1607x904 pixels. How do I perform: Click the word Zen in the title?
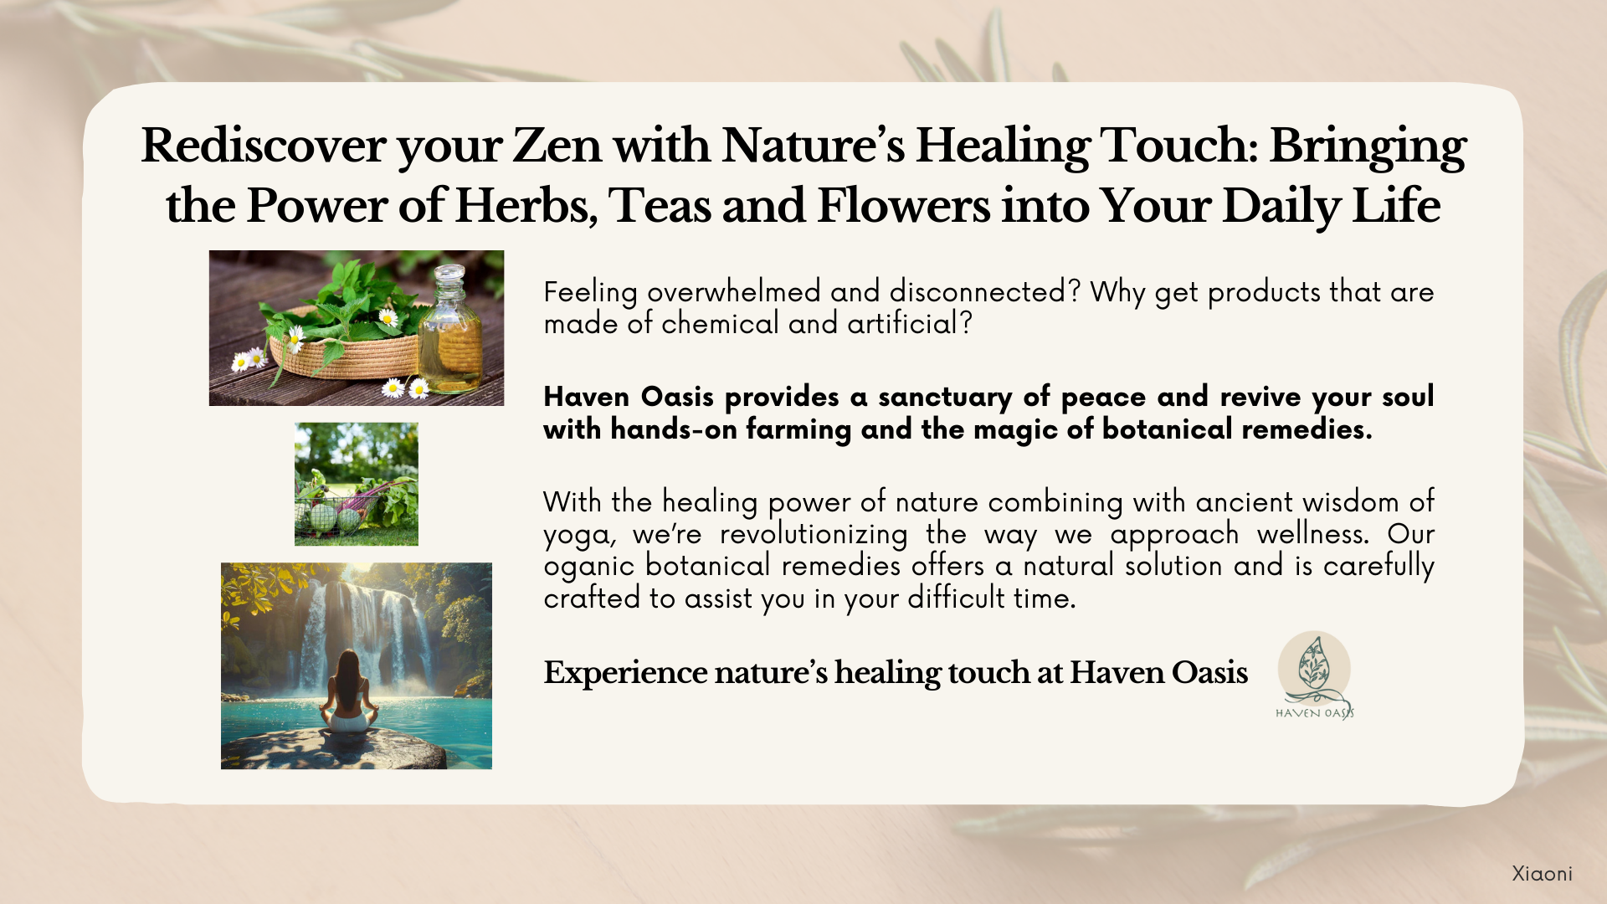tap(557, 146)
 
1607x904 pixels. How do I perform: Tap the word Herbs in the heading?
tap(526, 206)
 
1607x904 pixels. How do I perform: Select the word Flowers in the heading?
tap(903, 206)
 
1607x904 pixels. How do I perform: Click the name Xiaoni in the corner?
tap(1542, 874)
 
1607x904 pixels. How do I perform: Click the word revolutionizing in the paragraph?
tap(814, 534)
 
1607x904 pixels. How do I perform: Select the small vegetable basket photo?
tap(357, 484)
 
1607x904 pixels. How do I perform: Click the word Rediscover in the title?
tap(264, 146)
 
